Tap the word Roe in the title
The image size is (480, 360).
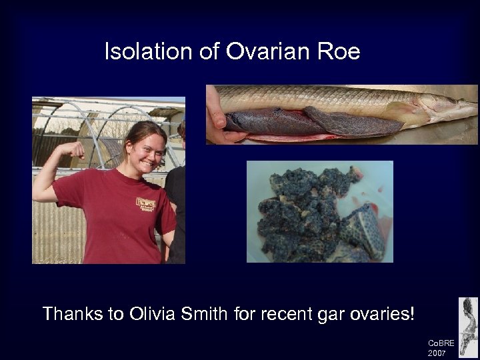pyautogui.click(x=338, y=52)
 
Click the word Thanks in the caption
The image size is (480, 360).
pyautogui.click(x=72, y=313)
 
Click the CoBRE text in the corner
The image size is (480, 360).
pyautogui.click(x=441, y=343)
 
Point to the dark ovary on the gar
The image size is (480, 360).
pyautogui.click(x=287, y=121)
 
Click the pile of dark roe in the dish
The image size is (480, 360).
pyautogui.click(x=313, y=213)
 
